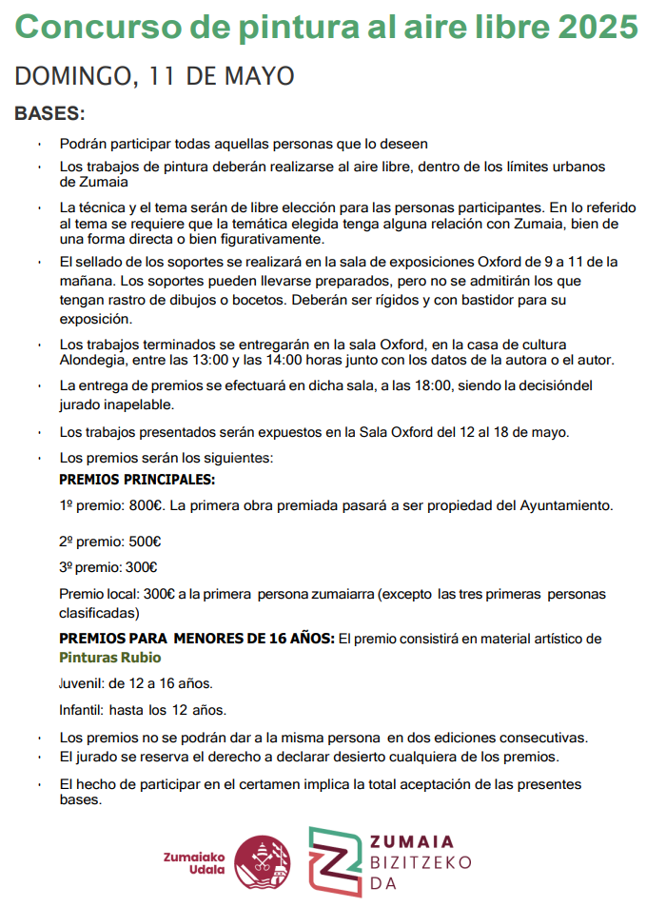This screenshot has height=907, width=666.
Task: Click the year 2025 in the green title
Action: [x=598, y=29]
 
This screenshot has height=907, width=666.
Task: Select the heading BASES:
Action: [x=49, y=114]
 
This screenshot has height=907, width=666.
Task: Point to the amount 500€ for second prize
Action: [x=145, y=542]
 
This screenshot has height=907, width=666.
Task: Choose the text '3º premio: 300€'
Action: [x=108, y=567]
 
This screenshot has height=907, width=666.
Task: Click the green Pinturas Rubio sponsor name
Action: [x=110, y=658]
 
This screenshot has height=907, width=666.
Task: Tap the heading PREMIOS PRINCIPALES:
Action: [x=137, y=480]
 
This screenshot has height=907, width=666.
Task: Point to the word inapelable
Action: [x=143, y=404]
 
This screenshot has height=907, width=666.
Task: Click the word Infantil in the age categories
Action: [x=81, y=710]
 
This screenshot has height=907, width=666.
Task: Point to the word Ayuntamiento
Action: [x=566, y=505]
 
